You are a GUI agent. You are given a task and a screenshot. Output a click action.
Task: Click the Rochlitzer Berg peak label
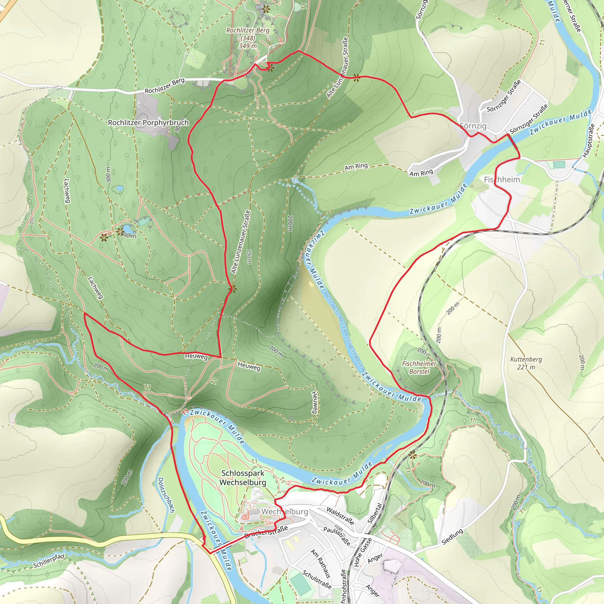click(248, 38)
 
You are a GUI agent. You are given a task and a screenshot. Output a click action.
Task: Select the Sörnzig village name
click(473, 126)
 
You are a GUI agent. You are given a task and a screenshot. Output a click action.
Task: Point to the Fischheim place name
click(502, 179)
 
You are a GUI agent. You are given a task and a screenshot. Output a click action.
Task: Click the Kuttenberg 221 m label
click(526, 363)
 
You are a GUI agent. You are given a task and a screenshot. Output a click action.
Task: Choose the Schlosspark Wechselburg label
click(243, 478)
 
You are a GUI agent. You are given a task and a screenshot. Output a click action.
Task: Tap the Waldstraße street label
click(340, 516)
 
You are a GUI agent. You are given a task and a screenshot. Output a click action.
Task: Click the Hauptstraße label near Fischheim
click(588, 141)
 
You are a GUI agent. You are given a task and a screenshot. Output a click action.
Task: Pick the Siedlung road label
click(452, 537)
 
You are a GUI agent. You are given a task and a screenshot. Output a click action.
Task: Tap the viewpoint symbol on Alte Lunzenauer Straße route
click(232, 289)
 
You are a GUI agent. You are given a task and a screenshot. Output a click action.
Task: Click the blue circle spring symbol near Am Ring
click(295, 180)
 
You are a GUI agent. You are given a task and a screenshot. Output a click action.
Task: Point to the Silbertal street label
click(375, 513)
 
